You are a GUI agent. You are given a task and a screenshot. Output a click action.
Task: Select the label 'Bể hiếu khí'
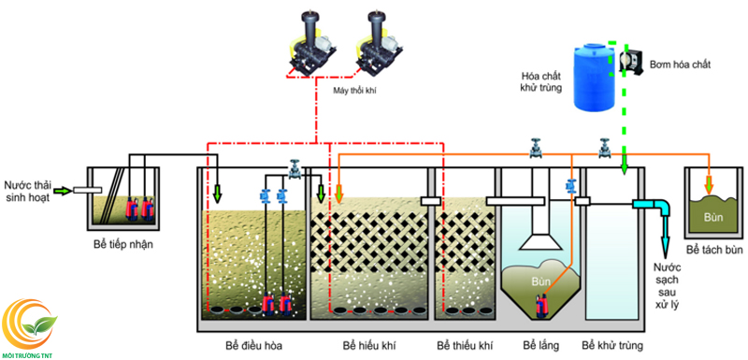(x=368, y=346)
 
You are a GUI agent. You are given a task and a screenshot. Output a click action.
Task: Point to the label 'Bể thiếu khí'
(x=466, y=346)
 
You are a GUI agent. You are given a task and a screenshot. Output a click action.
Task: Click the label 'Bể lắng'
(x=540, y=346)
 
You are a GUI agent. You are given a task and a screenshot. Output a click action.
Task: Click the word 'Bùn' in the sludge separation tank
(x=712, y=218)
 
